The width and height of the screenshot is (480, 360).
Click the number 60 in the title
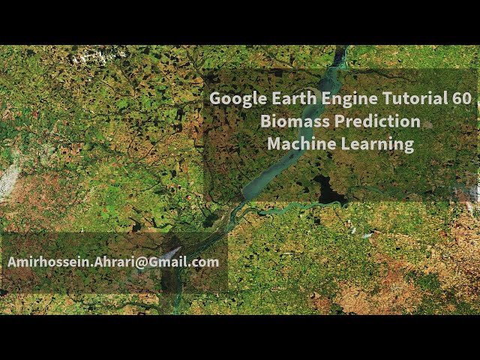[x=460, y=99]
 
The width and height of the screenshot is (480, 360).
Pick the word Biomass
[x=295, y=121]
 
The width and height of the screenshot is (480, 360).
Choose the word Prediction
[x=377, y=121]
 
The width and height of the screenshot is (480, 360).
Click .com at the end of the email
[x=205, y=263]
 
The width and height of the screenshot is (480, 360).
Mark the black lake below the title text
[x=329, y=190]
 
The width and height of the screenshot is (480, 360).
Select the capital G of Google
[x=215, y=99]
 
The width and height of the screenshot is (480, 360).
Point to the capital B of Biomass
[x=265, y=121]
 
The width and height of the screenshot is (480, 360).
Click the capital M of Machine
[x=274, y=144]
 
